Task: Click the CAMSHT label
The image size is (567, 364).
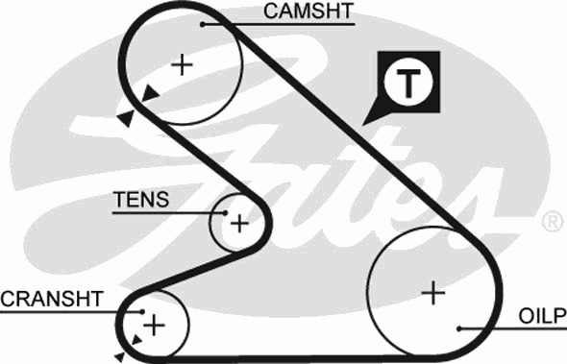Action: [x=308, y=11]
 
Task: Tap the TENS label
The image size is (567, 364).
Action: [x=141, y=199]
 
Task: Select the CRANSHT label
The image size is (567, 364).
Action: [x=52, y=299]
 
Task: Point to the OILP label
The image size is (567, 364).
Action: [x=542, y=316]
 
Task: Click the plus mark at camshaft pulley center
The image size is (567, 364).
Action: [x=182, y=65]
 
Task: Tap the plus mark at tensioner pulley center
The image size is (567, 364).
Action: [x=239, y=224]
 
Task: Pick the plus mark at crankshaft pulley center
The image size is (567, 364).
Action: [x=154, y=325]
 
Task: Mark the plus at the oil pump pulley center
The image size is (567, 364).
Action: [x=433, y=292]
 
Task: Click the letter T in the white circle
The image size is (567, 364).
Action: [x=408, y=83]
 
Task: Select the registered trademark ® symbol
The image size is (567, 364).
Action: [x=553, y=223]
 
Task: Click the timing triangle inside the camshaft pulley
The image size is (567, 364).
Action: [x=150, y=93]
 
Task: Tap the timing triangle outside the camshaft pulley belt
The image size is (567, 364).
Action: [x=126, y=118]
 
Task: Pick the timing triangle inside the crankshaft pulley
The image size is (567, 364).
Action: [x=136, y=340]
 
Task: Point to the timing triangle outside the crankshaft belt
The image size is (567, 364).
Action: [x=120, y=357]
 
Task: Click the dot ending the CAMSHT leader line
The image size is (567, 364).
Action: [x=203, y=25]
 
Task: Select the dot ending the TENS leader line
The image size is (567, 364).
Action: [x=225, y=213]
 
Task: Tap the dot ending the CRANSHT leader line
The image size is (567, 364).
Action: [x=142, y=311]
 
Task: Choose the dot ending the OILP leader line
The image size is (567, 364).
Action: [x=458, y=328]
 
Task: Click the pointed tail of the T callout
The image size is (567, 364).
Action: [x=363, y=125]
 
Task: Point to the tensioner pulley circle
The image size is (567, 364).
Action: [x=210, y=222]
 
